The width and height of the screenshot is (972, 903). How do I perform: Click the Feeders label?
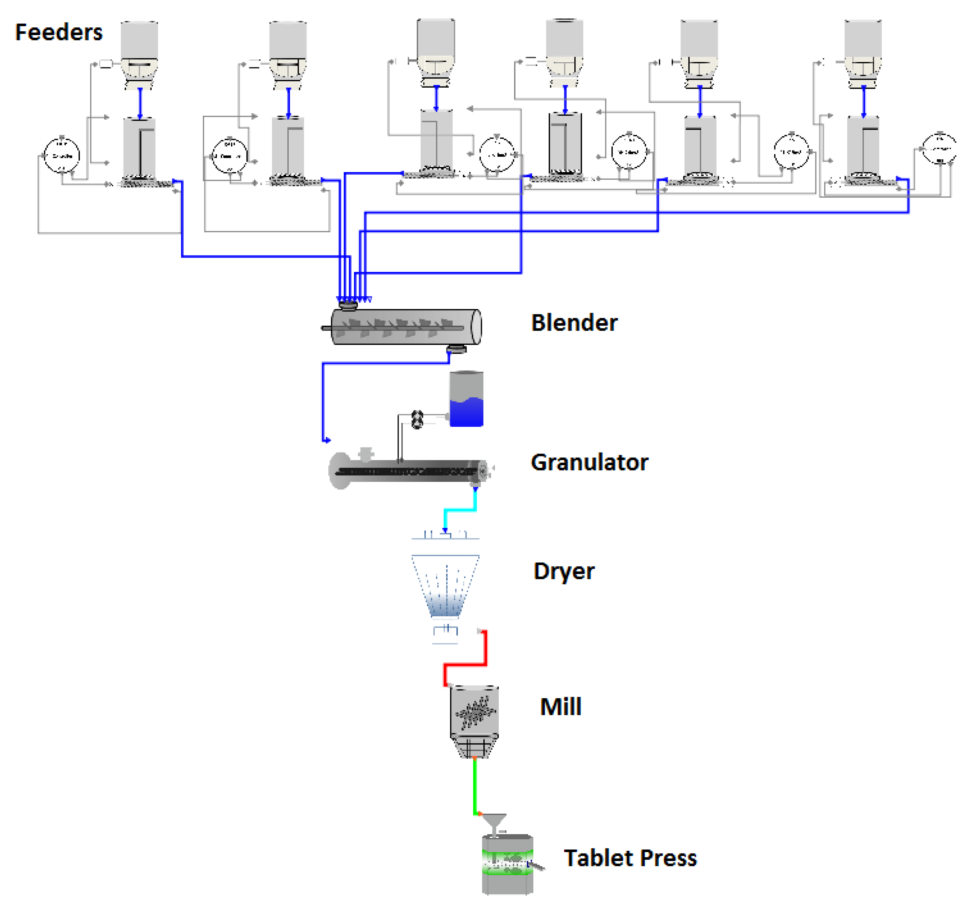[59, 32]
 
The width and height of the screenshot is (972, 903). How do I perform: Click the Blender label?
[574, 323]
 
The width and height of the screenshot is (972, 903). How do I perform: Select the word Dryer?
[564, 571]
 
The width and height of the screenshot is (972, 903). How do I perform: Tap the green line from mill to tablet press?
[474, 787]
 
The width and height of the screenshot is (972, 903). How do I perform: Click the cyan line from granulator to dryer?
[460, 510]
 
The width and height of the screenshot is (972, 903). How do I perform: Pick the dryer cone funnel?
[445, 584]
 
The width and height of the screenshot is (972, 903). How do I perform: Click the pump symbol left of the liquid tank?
[417, 419]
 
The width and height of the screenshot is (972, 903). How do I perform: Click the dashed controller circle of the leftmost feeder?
[61, 155]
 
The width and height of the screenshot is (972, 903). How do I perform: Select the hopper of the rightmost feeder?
[863, 39]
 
